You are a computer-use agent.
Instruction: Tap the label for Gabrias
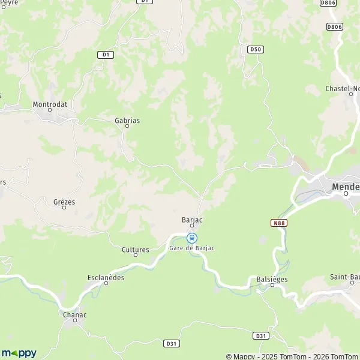click(x=127, y=121)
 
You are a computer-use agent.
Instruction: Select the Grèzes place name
click(x=64, y=202)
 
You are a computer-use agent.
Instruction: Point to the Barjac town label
click(x=192, y=220)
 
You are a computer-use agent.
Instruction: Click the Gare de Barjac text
click(x=191, y=248)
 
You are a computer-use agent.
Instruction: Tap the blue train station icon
click(x=192, y=238)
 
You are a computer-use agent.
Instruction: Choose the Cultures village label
click(x=136, y=249)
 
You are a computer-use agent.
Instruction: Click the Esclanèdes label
click(x=106, y=278)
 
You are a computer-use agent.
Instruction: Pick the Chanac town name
click(x=74, y=314)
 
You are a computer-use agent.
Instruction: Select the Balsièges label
click(x=273, y=279)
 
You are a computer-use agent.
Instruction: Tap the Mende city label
click(x=346, y=187)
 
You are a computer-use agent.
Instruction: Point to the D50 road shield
click(x=255, y=48)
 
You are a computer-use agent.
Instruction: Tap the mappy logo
click(x=19, y=352)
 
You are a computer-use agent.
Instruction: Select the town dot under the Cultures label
click(x=136, y=256)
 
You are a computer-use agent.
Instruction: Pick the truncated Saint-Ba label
click(x=345, y=277)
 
